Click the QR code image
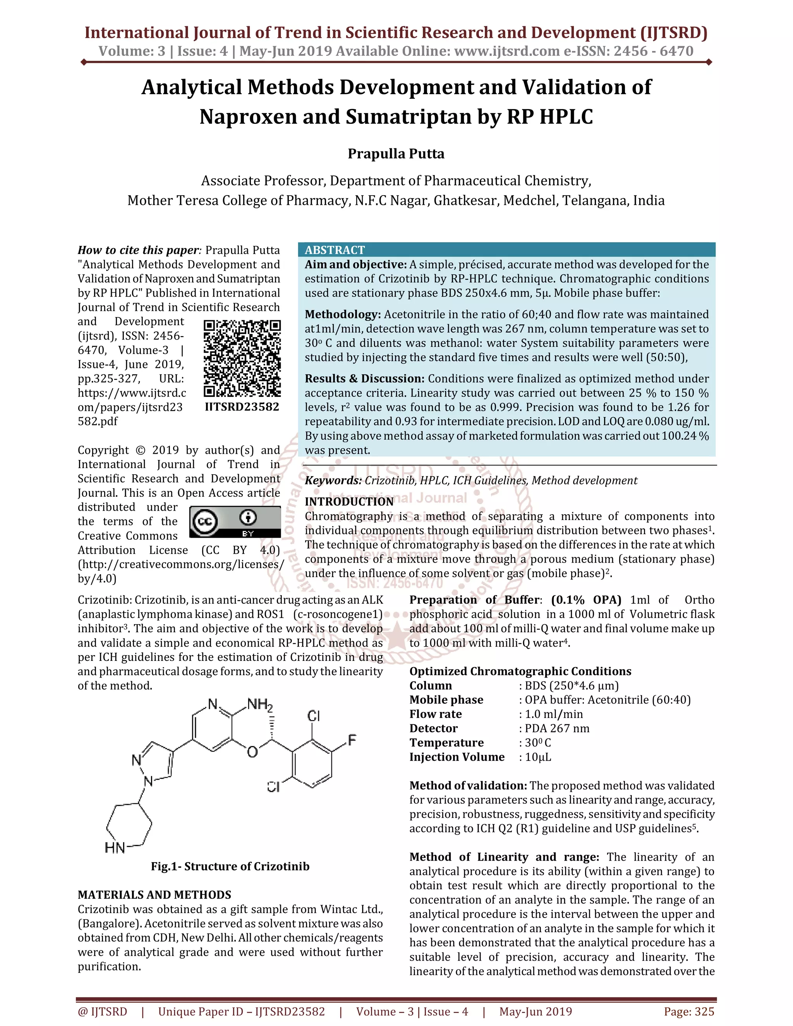click(242, 359)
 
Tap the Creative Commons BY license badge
click(235, 522)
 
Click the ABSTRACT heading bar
click(506, 249)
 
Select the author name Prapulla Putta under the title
click(396, 154)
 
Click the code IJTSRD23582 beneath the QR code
click(242, 407)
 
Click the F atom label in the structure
click(352, 740)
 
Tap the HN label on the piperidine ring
click(115, 848)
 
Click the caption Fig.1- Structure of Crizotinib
click(230, 866)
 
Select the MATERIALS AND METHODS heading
click(154, 894)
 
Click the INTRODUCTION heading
click(349, 502)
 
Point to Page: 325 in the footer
click(689, 1011)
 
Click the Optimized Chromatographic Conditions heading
click(520, 671)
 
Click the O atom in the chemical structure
click(252, 753)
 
